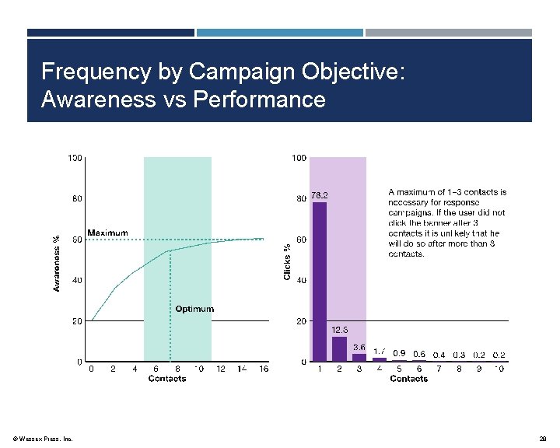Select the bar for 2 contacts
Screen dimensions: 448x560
[x=339, y=348]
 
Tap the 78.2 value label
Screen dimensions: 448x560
[x=320, y=196]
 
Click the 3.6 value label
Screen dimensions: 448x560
[x=359, y=347]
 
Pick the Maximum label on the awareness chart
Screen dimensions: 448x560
[x=107, y=233]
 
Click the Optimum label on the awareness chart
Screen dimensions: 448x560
[x=194, y=309]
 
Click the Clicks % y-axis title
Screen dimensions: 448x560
[x=287, y=261]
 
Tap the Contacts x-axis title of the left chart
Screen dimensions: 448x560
[x=167, y=379]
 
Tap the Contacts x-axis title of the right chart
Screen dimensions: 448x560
[x=408, y=379]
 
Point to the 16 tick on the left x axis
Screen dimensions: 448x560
[x=264, y=369]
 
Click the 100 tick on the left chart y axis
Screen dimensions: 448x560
[x=75, y=158]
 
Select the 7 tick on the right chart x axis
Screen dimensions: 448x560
[x=439, y=369]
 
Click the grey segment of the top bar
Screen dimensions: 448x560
[x=449, y=33]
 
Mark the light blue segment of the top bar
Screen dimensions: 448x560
[x=279, y=33]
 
